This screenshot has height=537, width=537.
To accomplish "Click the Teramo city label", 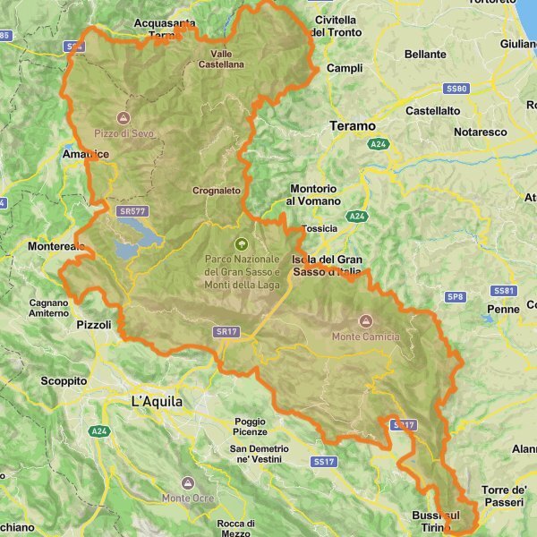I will (x=353, y=126).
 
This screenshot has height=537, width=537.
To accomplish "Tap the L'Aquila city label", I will (x=157, y=402).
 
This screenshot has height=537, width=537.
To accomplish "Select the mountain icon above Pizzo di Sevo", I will (x=124, y=117).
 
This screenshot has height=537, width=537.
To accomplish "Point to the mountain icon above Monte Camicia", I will (x=365, y=320).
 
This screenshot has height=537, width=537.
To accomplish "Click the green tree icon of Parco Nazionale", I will (x=241, y=243).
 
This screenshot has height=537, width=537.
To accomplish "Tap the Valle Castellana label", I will (x=221, y=59).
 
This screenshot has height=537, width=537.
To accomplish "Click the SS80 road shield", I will (x=456, y=89).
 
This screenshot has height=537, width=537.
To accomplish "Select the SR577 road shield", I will (x=132, y=211).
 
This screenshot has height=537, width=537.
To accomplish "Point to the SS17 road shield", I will (x=324, y=461).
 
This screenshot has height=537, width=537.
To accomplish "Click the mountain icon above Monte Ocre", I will (x=186, y=482).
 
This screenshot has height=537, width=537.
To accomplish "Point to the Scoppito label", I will (x=64, y=380).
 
